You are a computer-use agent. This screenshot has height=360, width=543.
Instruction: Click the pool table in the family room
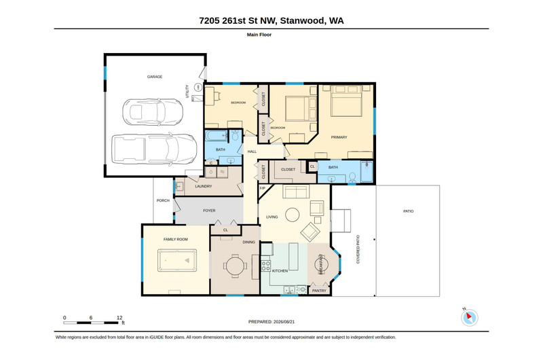[x=177, y=260]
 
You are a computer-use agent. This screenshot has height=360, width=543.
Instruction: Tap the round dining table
[x=235, y=266]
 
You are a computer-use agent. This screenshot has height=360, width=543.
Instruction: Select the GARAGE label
[x=155, y=77]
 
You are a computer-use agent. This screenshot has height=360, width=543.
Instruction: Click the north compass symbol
[x=469, y=317]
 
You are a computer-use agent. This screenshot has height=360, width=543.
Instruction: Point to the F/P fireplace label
[x=263, y=188]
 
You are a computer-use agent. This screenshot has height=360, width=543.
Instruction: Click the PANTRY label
[x=319, y=291]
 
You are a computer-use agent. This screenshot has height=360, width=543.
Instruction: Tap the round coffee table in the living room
[x=293, y=215]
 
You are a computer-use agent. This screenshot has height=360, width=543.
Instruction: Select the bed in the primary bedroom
[x=346, y=101]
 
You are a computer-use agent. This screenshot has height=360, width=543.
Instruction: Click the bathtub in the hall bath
[x=217, y=135]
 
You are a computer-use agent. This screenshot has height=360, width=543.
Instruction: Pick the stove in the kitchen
[x=265, y=266]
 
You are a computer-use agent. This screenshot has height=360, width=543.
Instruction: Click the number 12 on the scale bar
[x=119, y=317]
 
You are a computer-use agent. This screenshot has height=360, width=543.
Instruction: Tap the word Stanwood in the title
[x=303, y=20]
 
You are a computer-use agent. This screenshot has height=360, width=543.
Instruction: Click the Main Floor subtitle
[x=259, y=35]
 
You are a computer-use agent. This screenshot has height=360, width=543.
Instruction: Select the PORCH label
[x=163, y=200]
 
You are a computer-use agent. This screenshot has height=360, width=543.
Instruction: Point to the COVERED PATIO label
[x=358, y=249]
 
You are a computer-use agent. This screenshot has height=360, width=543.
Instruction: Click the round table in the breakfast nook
[x=321, y=265]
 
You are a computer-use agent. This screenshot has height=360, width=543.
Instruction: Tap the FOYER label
[x=209, y=211]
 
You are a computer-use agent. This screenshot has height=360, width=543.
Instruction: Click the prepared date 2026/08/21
[x=284, y=321]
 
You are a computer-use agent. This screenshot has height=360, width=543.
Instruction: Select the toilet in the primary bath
[x=352, y=177]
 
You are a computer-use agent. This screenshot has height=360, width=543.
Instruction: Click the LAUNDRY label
[x=203, y=186]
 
